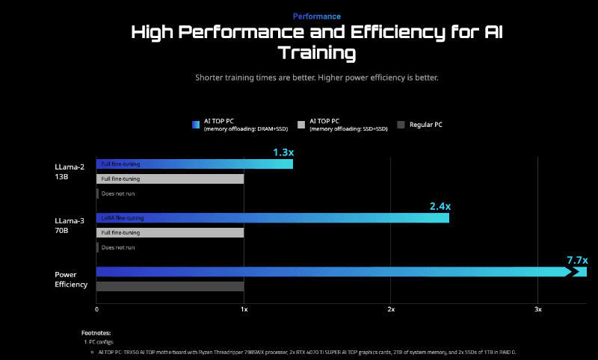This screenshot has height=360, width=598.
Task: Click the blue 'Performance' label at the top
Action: point(316,16)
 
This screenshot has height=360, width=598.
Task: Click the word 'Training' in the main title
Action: point(316,53)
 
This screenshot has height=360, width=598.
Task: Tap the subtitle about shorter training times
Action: point(316,78)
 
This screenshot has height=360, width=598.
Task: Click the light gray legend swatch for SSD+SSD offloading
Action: point(301,125)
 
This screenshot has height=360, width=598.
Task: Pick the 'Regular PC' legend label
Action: point(426,125)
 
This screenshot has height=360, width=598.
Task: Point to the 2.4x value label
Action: point(440,206)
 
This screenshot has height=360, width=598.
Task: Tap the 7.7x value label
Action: point(577,260)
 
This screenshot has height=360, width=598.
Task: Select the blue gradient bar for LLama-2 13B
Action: point(194,164)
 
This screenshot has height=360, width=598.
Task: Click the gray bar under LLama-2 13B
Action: point(170,179)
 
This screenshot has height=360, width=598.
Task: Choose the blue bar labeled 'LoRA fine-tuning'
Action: point(273,218)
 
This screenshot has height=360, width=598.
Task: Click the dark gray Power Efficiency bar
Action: point(170,286)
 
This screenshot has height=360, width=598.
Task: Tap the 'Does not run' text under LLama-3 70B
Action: point(118,247)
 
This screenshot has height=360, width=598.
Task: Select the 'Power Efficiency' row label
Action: point(71,279)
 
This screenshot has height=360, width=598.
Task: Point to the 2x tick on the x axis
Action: point(391,308)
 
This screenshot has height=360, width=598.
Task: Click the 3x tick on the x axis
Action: point(537,308)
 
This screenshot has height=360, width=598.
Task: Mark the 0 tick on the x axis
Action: point(96,308)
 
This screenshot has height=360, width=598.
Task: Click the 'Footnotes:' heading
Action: point(96,332)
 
